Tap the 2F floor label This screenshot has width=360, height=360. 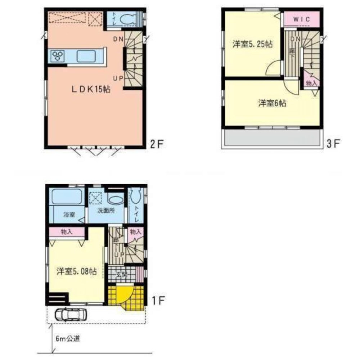[x=157, y=144]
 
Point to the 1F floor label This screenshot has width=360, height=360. [x=157, y=300]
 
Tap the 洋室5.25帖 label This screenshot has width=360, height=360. [x=252, y=45]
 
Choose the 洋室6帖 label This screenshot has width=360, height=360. [x=272, y=103]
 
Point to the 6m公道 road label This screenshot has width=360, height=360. [x=68, y=338]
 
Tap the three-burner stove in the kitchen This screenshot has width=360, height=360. [x=58, y=56]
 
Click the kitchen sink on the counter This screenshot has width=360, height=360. [x=86, y=56]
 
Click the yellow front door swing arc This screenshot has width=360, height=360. [x=124, y=293]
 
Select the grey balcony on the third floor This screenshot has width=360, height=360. [x=272, y=138]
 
